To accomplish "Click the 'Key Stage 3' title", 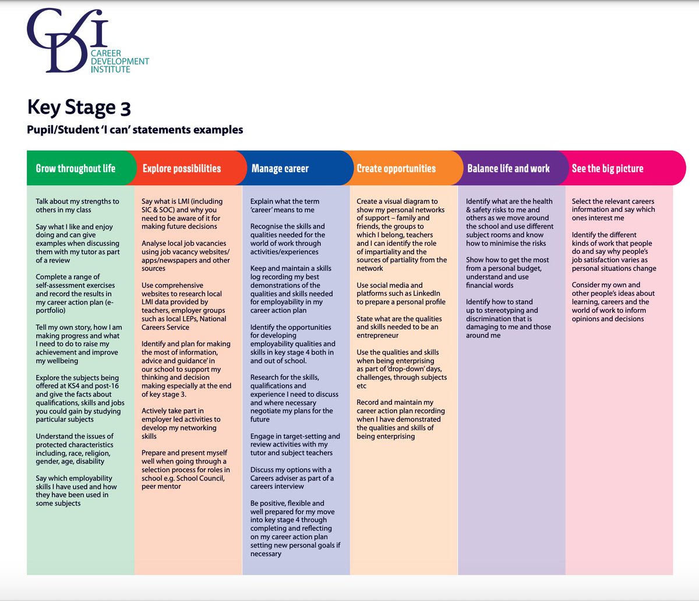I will (79, 108).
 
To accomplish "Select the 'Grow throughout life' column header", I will (76, 169).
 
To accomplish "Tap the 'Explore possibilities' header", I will (182, 169).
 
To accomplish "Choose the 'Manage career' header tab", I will (280, 169).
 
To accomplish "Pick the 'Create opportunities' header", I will (396, 169).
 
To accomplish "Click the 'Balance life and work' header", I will (509, 169).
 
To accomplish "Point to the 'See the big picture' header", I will (608, 169).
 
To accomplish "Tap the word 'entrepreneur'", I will (377, 335).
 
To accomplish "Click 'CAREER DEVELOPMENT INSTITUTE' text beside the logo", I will (119, 61).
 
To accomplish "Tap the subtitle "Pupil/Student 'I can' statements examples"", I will (135, 130).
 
